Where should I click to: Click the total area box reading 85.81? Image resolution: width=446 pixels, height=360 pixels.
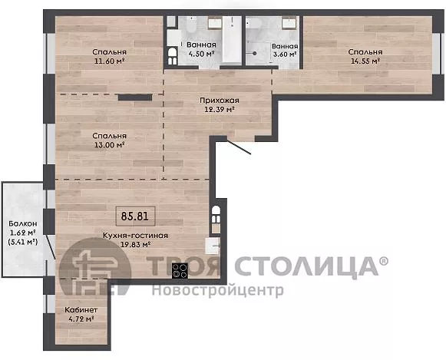point(135,216)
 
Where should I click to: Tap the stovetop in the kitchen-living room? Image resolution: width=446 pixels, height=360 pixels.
point(180,270)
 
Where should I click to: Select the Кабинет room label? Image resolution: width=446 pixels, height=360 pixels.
point(81,309)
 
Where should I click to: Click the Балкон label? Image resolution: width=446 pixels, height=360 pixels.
point(23,223)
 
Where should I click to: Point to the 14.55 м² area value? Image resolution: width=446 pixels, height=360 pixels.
point(365,61)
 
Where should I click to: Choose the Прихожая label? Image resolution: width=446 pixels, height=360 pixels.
point(220,101)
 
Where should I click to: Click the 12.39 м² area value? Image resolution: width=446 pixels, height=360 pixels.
point(220,109)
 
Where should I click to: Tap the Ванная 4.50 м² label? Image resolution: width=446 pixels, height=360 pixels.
point(201,49)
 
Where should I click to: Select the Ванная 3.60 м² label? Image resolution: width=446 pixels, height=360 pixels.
point(285,50)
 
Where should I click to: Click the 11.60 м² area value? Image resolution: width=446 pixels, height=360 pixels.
point(110,61)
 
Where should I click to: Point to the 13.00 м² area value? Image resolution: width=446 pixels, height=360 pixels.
point(110,145)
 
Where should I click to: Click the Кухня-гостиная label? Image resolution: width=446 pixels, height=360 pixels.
point(135,236)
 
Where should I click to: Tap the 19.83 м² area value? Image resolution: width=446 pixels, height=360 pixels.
point(135,244)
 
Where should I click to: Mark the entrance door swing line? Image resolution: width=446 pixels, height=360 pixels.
point(239,147)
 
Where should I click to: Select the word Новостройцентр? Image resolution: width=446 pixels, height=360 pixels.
point(217,291)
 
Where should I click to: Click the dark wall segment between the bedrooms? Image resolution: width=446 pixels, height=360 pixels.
point(135,97)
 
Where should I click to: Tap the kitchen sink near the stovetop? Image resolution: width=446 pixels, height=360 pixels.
point(213,246)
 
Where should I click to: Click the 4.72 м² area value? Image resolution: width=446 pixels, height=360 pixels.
point(81,319)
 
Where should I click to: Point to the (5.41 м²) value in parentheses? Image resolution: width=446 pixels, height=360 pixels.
point(23,242)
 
